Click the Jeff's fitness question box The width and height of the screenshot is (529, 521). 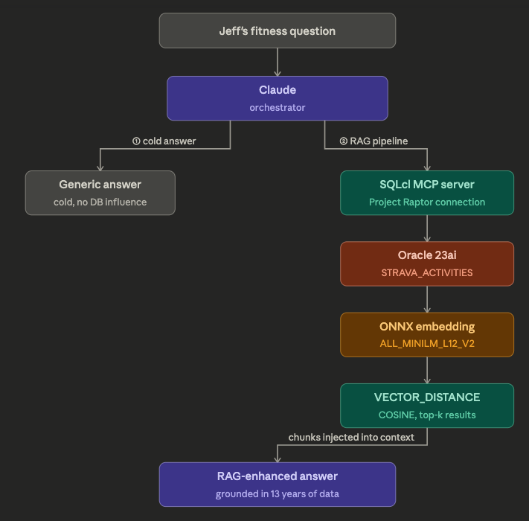[277, 31]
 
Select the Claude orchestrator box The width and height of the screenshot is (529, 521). [277, 98]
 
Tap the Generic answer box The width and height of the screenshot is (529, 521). [100, 193]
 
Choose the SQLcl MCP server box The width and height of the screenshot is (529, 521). [427, 193]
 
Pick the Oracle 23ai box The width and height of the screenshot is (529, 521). [427, 263]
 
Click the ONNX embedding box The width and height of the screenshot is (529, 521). [427, 334]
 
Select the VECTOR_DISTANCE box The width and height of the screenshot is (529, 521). [427, 405]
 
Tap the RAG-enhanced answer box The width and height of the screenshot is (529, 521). [277, 484]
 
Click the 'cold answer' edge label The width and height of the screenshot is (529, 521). [164, 141]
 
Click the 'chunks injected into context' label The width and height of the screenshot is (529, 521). [351, 438]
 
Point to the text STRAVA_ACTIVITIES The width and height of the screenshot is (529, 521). [427, 272]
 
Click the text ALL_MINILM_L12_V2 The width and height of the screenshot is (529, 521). [427, 343]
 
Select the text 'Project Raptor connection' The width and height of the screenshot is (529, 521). [427, 202]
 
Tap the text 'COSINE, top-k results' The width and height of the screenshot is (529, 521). [427, 415]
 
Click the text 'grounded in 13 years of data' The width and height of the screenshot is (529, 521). [277, 493]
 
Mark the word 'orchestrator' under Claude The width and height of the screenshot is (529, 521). [277, 107]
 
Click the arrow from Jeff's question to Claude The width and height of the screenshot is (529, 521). [277, 63]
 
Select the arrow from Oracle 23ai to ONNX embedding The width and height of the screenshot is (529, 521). [427, 299]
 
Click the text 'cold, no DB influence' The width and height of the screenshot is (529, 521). [100, 202]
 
